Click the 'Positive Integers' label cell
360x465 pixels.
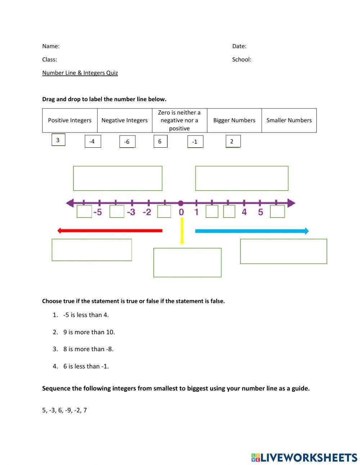click(70, 120)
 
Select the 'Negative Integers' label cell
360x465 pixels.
click(125, 120)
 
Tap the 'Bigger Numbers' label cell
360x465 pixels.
click(234, 120)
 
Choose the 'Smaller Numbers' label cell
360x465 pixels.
click(289, 120)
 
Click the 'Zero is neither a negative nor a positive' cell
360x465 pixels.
click(179, 120)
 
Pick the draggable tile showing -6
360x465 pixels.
click(127, 142)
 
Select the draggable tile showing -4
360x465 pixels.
click(93, 141)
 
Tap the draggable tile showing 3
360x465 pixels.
click(58, 140)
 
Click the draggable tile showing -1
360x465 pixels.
click(195, 142)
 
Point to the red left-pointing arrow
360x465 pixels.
click(110, 231)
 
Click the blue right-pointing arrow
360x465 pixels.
click(252, 231)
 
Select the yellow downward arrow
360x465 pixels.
click(182, 231)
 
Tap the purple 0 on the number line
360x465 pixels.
click(181, 212)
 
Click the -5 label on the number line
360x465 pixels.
click(98, 212)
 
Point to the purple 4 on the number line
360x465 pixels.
click(244, 212)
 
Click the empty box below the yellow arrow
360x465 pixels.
click(187, 262)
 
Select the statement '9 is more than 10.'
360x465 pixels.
click(89, 332)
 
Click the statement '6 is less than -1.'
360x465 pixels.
click(86, 366)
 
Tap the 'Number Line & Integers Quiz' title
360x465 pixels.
click(80, 73)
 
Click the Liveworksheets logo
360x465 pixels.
click(304, 457)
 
